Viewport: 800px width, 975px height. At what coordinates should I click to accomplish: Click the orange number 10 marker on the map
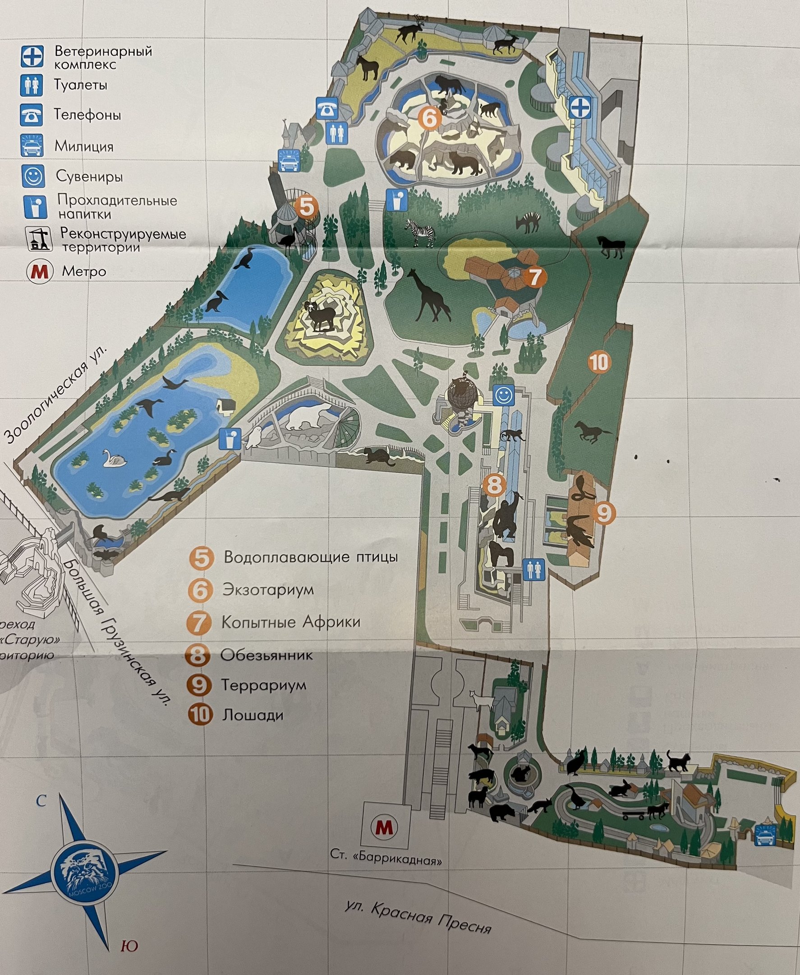[x=599, y=362]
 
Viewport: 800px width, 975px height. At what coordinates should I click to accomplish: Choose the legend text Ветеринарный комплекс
[x=103, y=57]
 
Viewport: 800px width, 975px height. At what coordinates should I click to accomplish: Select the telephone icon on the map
[x=327, y=109]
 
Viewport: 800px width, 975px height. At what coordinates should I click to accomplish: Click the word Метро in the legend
[x=84, y=271]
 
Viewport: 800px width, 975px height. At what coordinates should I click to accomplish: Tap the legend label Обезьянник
[x=267, y=655]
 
